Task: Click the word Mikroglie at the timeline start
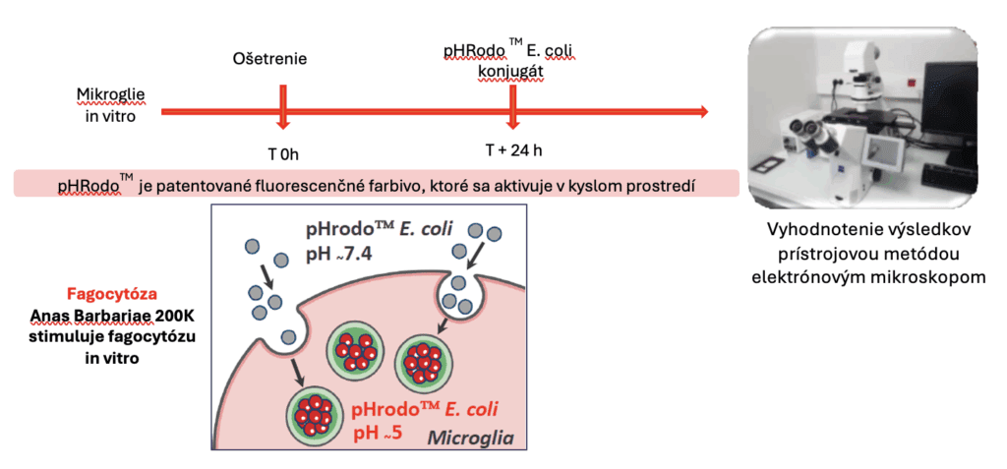(111, 95)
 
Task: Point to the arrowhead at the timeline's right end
(701, 112)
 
